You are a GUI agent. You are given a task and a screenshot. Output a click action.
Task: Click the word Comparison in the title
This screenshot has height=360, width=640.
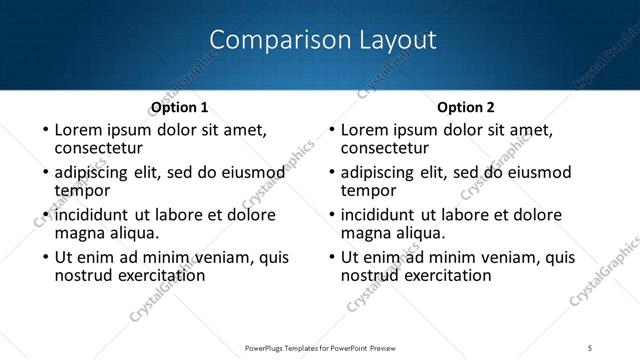click(x=266, y=41)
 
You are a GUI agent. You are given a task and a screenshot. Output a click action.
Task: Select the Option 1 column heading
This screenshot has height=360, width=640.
click(x=179, y=107)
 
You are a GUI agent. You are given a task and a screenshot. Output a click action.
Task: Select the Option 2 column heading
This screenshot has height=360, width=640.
click(x=466, y=107)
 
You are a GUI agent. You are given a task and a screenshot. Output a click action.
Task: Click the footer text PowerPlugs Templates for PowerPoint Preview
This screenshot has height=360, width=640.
click(x=319, y=347)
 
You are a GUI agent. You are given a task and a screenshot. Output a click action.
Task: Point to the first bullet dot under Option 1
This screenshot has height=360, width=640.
click(x=45, y=130)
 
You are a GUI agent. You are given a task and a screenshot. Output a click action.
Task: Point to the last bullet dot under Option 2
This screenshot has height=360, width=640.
click(x=331, y=257)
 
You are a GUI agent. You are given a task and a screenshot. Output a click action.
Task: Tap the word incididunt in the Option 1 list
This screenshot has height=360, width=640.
click(x=92, y=214)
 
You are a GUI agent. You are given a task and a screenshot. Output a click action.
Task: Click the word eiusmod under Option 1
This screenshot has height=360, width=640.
click(x=253, y=172)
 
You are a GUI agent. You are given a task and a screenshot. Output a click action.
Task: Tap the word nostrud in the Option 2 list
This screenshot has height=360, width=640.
click(x=372, y=275)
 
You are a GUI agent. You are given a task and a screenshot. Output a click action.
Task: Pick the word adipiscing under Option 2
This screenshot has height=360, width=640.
click(x=377, y=172)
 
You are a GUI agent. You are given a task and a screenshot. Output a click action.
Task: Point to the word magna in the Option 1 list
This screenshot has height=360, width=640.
click(x=79, y=233)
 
